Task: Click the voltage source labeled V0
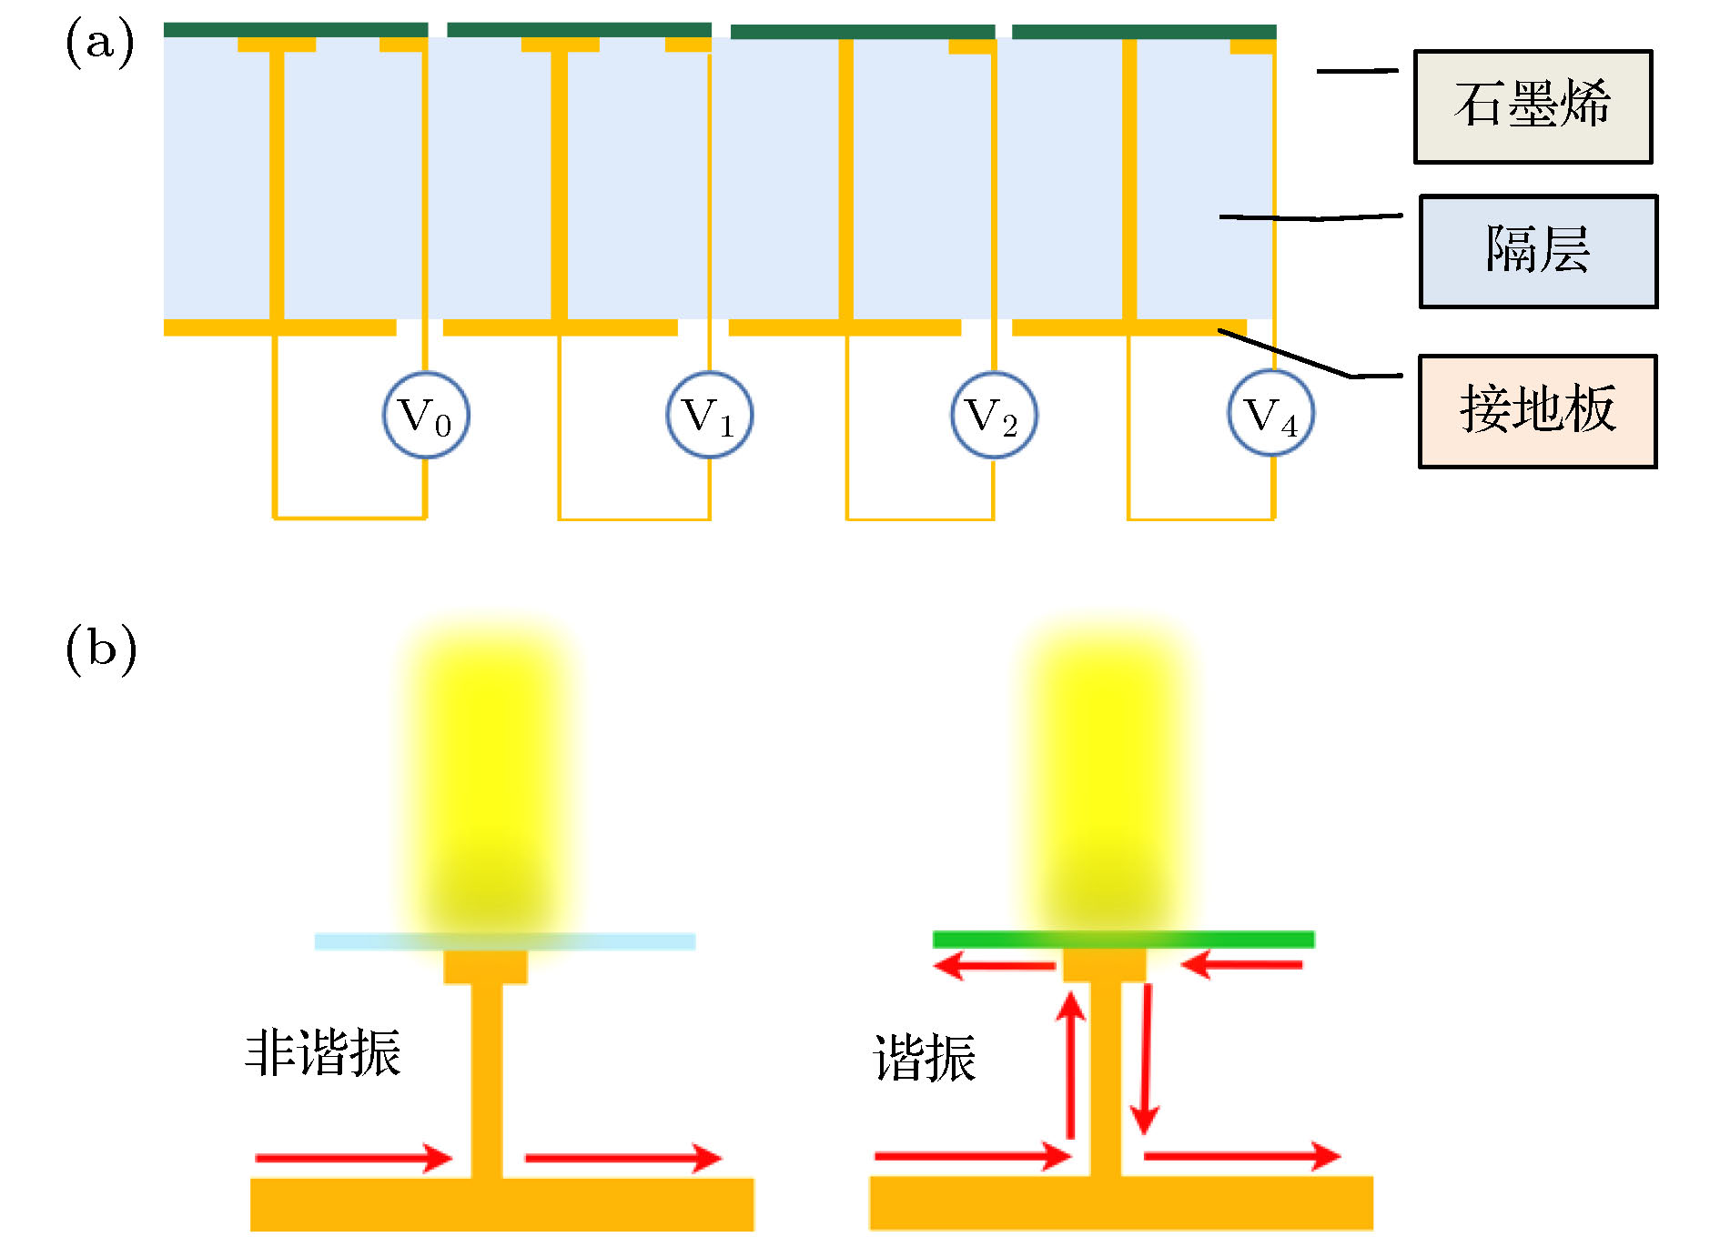[x=426, y=415]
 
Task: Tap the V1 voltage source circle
[x=710, y=415]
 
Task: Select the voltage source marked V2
[x=994, y=415]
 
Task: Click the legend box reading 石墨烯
[x=1533, y=106]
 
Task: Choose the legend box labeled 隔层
[x=1538, y=251]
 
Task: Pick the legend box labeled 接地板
[x=1537, y=411]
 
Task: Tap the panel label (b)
[x=101, y=649]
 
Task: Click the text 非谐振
[x=323, y=1053]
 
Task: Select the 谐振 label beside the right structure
[x=925, y=1058]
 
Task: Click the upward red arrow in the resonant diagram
[x=1071, y=1064]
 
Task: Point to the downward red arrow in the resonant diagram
[x=1145, y=1060]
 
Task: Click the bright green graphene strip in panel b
[x=1123, y=940]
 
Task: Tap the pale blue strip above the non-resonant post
[x=505, y=941]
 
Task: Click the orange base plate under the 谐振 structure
[x=1121, y=1202]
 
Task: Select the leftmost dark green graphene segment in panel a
[x=296, y=30]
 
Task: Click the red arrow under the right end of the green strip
[x=1243, y=964]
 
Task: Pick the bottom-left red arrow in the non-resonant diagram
[x=353, y=1158]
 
